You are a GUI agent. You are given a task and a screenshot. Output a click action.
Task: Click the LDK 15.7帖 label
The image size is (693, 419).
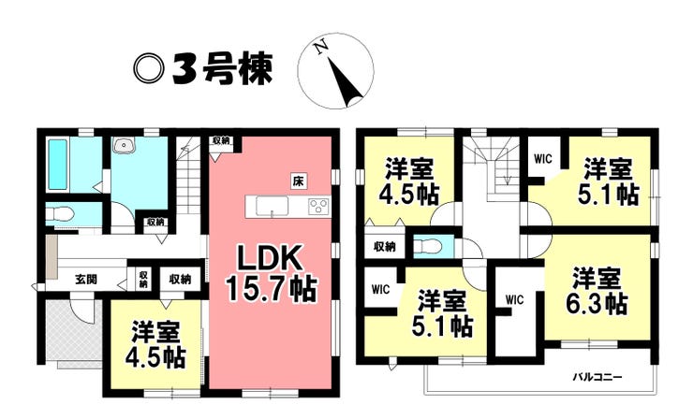(x=272, y=273)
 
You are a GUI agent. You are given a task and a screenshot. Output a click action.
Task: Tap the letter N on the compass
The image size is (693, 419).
(x=322, y=47)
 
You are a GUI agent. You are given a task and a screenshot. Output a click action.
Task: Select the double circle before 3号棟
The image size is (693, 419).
(x=149, y=69)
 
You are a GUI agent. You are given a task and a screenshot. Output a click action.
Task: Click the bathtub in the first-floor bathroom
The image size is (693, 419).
(x=57, y=165)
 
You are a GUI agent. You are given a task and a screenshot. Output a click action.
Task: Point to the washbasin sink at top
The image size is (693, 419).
(x=125, y=145)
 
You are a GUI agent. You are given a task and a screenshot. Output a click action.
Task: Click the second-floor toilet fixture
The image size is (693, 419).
(x=427, y=245)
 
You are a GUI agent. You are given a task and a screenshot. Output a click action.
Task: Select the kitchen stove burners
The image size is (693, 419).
(x=318, y=206)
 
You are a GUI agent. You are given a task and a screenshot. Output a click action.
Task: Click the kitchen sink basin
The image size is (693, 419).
(x=273, y=206)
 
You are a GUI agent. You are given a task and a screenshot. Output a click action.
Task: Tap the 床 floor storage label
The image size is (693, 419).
(x=299, y=181)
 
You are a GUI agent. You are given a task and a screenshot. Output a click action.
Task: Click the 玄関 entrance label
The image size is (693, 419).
(x=85, y=280)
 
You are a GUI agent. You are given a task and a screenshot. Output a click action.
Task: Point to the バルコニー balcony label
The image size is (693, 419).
(x=597, y=377)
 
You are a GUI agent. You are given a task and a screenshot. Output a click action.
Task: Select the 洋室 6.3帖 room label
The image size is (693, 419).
(x=597, y=292)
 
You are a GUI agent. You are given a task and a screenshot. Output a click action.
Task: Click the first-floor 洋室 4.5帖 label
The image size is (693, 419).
(x=155, y=345)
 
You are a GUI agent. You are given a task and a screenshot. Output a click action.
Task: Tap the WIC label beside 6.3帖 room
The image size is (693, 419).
(x=514, y=300)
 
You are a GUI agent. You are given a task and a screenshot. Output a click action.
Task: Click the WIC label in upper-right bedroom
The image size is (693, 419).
(x=543, y=159)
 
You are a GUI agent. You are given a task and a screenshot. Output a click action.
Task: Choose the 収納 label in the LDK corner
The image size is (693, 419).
(x=221, y=141)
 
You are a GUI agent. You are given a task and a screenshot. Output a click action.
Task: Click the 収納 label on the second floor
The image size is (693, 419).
(x=385, y=247)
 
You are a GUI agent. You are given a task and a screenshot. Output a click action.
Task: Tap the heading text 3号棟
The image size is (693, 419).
(x=222, y=69)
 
